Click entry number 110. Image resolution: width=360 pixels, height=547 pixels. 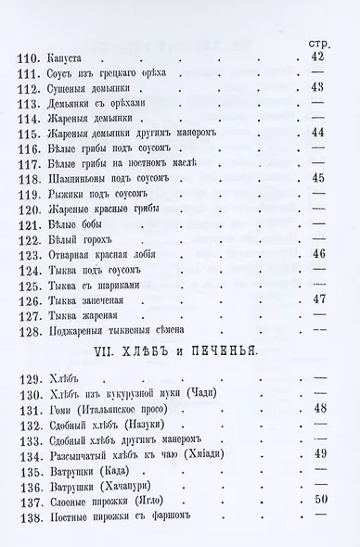(x=32, y=58)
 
